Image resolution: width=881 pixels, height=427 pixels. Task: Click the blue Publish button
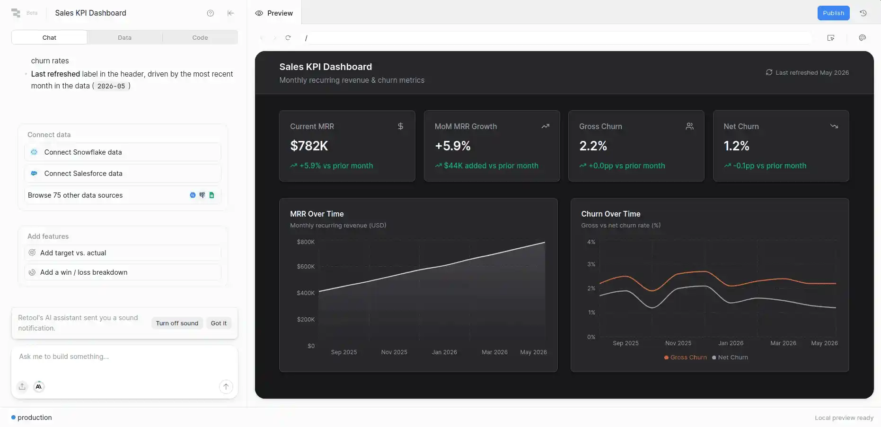pyautogui.click(x=833, y=13)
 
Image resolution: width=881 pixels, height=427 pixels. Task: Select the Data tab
pyautogui.click(x=124, y=37)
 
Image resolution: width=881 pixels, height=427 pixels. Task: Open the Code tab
pyautogui.click(x=200, y=37)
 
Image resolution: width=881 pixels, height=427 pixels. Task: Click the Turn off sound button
pyautogui.click(x=177, y=323)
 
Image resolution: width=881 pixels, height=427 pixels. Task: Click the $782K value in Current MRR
pyautogui.click(x=309, y=146)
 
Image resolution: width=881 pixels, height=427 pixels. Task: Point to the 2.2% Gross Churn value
pyautogui.click(x=593, y=146)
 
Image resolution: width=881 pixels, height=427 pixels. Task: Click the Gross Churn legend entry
pyautogui.click(x=686, y=357)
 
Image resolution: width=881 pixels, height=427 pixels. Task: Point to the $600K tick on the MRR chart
pyautogui.click(x=306, y=267)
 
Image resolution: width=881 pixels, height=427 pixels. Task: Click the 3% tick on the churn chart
pyautogui.click(x=591, y=264)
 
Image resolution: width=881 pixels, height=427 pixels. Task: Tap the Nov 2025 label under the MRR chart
pyautogui.click(x=394, y=352)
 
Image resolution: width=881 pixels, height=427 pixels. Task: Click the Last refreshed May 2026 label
pyautogui.click(x=807, y=73)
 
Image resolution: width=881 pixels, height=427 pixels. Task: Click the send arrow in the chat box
pyautogui.click(x=226, y=387)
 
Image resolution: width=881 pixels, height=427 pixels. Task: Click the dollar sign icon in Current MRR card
pyautogui.click(x=400, y=126)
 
